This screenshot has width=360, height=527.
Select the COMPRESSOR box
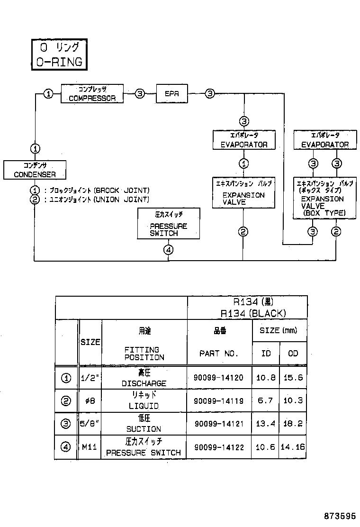(92, 94)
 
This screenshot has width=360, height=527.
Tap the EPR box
(171, 94)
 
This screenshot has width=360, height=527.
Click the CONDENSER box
(35, 170)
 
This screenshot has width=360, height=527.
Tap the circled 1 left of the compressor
(48, 94)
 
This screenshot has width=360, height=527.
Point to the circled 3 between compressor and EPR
(140, 94)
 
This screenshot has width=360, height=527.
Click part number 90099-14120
(218, 378)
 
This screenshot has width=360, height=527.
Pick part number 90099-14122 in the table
(218, 447)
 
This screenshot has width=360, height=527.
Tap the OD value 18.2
(293, 423)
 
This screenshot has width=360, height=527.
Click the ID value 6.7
(265, 400)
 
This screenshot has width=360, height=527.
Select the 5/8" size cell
(90, 423)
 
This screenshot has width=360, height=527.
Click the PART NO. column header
(218, 354)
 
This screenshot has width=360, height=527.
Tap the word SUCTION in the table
(144, 429)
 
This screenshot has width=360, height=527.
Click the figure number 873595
(340, 516)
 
